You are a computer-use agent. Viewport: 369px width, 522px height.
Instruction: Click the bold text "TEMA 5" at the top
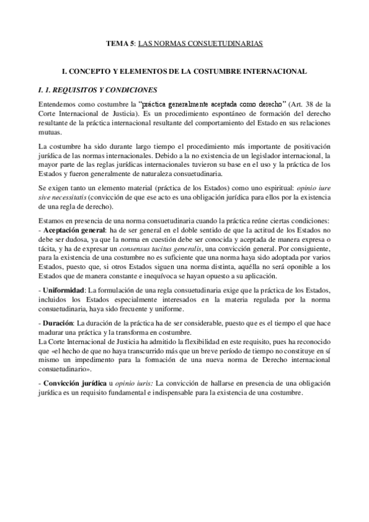click(118, 44)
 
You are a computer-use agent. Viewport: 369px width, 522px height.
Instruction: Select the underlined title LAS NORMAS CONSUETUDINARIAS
click(200, 44)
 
